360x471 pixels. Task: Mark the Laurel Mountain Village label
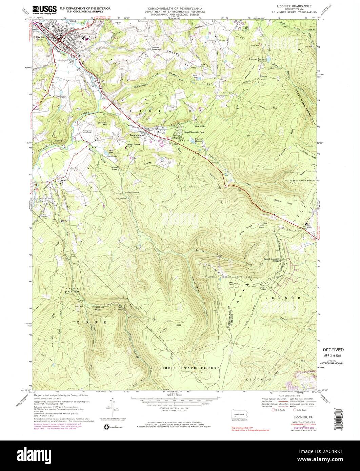point(274,259)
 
